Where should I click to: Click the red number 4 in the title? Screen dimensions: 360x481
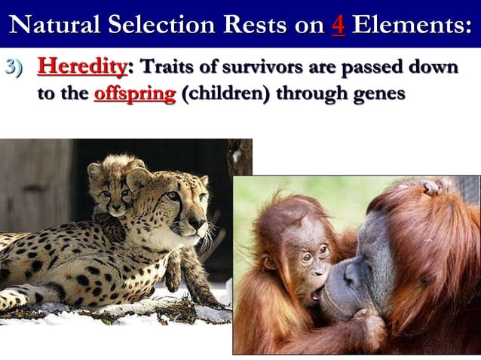click(x=338, y=25)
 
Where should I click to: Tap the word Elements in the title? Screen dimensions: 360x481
click(x=412, y=25)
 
